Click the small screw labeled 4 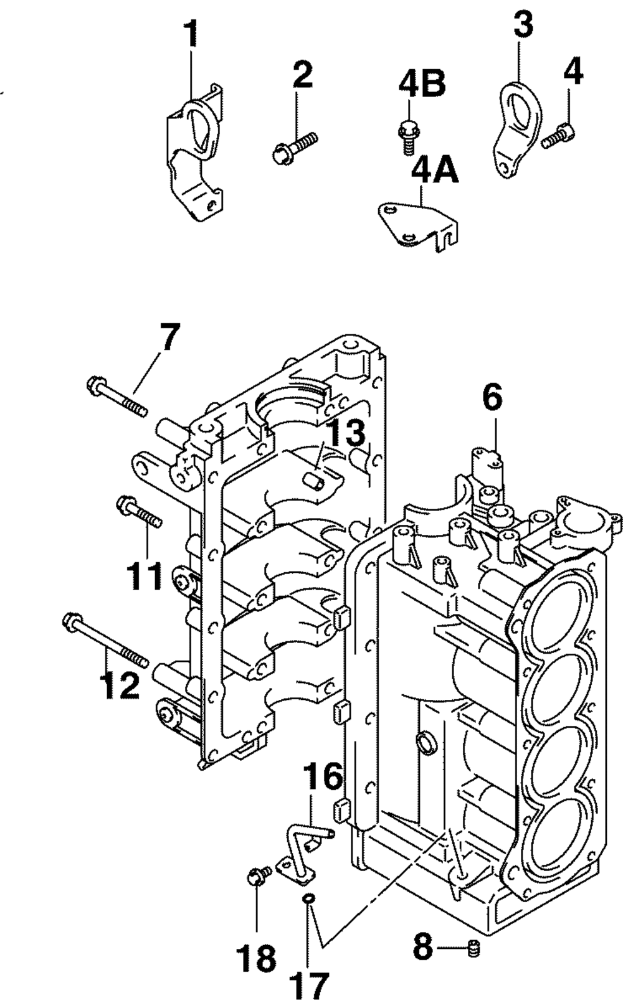559,136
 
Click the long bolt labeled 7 117,397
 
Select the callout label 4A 434,169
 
